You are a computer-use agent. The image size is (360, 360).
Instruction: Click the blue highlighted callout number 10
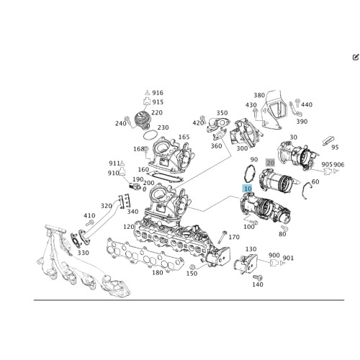pyautogui.click(x=247, y=189)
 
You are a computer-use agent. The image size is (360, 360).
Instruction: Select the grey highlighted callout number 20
pyautogui.click(x=270, y=163)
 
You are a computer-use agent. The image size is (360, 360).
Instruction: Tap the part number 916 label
pyautogui.click(x=158, y=94)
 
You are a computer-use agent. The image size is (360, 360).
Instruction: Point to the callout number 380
pyautogui.click(x=259, y=95)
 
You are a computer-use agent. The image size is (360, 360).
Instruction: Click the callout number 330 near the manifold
pyautogui.click(x=83, y=253)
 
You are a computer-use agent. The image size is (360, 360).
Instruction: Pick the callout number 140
pyautogui.click(x=258, y=284)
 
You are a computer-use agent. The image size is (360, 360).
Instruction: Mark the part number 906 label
pyautogui.click(x=339, y=165)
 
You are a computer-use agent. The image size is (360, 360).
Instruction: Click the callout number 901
pyautogui.click(x=288, y=258)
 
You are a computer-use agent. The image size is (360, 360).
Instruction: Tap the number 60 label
pyautogui.click(x=315, y=182)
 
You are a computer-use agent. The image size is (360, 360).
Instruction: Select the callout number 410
pyautogui.click(x=89, y=215)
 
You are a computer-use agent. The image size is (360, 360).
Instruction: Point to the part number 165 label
pyautogui.click(x=184, y=137)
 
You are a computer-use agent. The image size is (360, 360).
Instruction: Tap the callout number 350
pyautogui.click(x=222, y=113)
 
